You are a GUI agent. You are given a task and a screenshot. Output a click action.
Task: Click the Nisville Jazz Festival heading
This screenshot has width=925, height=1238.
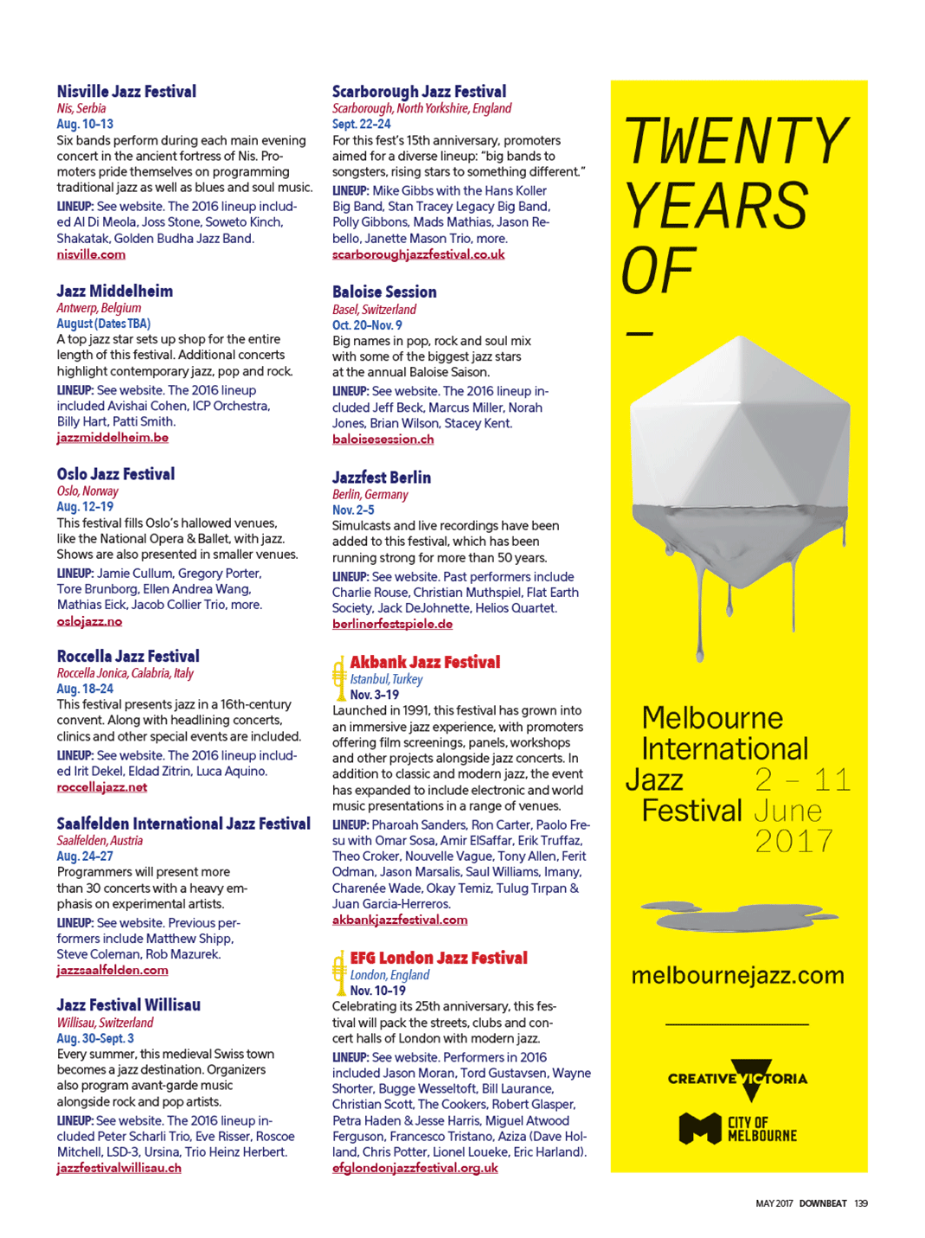pos(126,92)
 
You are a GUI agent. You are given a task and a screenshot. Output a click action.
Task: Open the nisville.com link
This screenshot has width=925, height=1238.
pos(91,254)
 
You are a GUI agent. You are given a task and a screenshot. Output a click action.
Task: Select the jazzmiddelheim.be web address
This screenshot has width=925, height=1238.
pos(112,438)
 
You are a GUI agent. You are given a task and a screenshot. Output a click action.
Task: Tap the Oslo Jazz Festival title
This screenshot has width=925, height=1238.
pos(116,474)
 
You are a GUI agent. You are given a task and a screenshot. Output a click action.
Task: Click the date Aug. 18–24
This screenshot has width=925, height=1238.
pos(85,689)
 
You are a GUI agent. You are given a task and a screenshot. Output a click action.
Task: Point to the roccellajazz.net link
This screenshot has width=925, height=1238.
pos(102,787)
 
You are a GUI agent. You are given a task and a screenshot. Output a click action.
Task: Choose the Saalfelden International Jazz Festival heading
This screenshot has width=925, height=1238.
pos(183,824)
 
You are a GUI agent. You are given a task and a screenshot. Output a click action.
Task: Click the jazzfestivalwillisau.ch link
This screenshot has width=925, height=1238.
pos(119,1168)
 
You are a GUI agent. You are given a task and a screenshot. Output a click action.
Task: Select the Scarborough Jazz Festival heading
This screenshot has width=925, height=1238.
pos(419,92)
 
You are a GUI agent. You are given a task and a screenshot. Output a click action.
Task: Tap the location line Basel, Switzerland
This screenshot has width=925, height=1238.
pos(374,310)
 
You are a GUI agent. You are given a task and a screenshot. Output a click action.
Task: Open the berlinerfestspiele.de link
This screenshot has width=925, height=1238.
pos(392,624)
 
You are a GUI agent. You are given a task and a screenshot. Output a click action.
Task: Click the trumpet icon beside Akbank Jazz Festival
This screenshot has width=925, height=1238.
pos(338,677)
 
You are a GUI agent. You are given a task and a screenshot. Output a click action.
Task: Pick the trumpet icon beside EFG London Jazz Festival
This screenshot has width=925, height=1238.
pos(338,973)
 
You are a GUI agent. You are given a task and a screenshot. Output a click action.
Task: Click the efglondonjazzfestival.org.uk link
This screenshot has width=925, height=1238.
pos(414,1168)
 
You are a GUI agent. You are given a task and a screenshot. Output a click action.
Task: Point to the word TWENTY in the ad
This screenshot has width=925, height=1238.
pos(736,141)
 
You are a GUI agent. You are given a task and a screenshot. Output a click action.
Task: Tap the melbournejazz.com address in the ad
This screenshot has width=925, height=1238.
pos(737,976)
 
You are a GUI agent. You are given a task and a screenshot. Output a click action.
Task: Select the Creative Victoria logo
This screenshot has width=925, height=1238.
pos(737,1079)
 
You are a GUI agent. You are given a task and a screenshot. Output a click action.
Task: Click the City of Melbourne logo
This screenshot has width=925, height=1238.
pos(737,1129)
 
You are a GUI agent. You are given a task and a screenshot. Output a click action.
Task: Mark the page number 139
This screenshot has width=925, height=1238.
pos(860,1203)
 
